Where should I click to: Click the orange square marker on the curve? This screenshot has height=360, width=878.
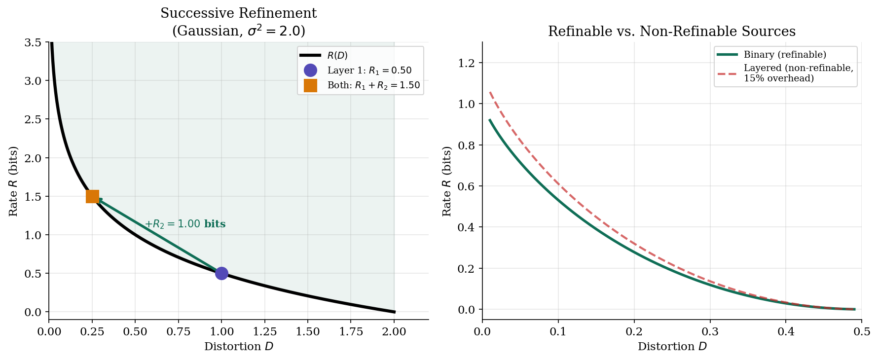[92, 196]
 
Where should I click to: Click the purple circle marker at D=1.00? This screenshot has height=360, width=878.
[221, 273]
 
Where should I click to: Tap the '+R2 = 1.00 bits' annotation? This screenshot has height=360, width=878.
[185, 224]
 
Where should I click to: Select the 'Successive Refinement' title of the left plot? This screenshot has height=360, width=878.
[238, 13]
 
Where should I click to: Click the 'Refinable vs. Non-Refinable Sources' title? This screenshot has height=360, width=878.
[671, 32]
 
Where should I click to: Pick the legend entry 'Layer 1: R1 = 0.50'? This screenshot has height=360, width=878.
[369, 71]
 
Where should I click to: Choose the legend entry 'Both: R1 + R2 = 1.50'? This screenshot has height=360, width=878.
[373, 85]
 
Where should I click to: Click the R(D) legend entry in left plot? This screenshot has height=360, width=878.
[337, 56]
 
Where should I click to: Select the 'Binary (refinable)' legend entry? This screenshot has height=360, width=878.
[784, 54]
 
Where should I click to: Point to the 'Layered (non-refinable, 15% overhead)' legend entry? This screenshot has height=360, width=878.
[798, 73]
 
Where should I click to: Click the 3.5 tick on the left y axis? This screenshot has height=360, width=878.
[33, 42]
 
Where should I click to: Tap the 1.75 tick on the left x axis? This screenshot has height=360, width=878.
[351, 331]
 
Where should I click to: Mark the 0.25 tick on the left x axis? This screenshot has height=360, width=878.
[92, 331]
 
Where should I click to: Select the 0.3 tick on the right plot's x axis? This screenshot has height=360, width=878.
[710, 331]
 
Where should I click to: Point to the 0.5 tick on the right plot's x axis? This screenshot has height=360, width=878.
[861, 331]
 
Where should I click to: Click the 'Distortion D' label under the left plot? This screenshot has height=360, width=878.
[238, 347]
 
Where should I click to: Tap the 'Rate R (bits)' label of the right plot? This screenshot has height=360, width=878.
[447, 181]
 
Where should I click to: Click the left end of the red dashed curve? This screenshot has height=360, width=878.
[490, 92]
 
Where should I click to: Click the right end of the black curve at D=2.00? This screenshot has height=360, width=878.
[394, 312]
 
